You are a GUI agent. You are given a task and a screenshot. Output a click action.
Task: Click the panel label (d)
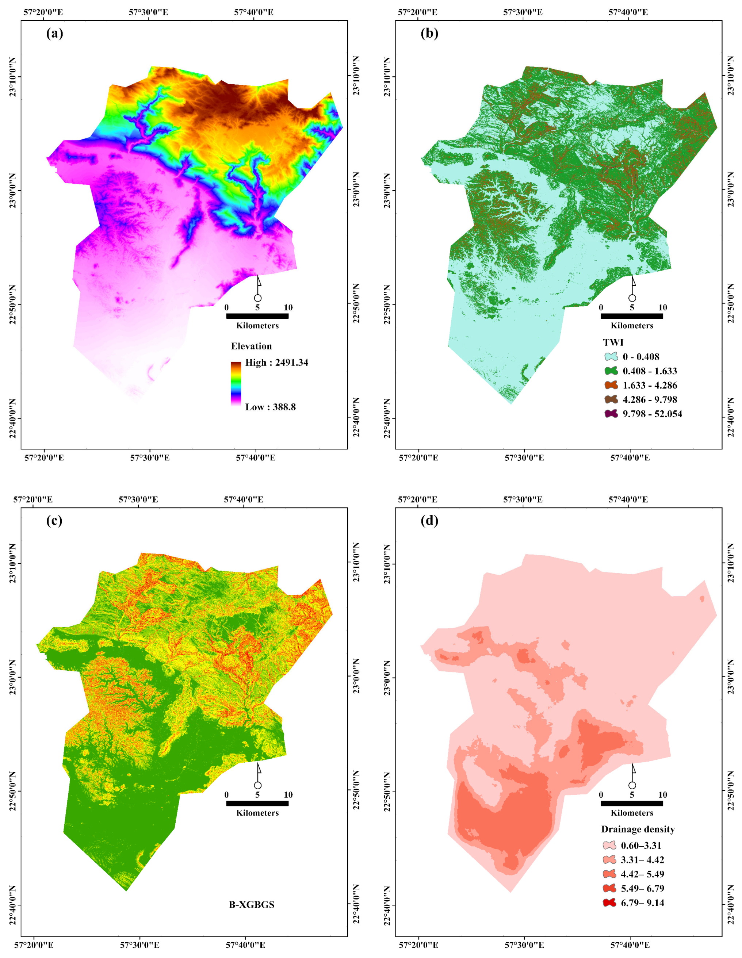click(429, 521)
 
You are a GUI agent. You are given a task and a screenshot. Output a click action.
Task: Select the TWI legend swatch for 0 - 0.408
click(611, 357)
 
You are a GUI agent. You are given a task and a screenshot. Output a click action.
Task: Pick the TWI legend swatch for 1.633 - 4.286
click(611, 385)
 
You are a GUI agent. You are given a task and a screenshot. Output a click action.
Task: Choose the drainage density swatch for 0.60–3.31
click(609, 846)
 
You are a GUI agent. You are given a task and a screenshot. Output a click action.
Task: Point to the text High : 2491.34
click(276, 362)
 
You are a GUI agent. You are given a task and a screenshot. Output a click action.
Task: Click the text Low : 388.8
click(270, 407)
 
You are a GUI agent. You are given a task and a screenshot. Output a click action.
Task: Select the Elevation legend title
click(252, 346)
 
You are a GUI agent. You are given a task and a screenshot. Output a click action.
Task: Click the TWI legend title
click(613, 342)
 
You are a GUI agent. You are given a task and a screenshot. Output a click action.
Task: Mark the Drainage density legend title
click(638, 829)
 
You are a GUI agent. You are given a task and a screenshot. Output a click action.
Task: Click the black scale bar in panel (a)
click(257, 316)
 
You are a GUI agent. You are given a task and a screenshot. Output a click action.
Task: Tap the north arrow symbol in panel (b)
click(632, 290)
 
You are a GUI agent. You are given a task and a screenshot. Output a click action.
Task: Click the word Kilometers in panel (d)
click(632, 813)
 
